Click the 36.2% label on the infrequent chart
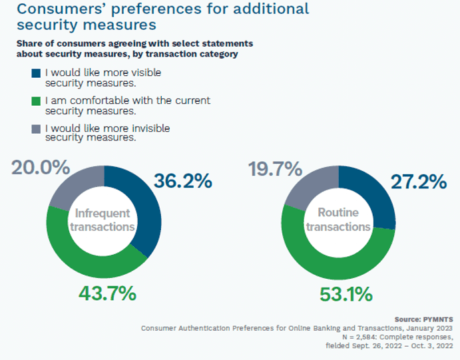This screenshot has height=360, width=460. click(x=183, y=181)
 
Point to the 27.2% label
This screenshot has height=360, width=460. click(x=417, y=181)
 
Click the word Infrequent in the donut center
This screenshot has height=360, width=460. click(x=104, y=214)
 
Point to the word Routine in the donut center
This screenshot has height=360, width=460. click(x=338, y=213)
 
